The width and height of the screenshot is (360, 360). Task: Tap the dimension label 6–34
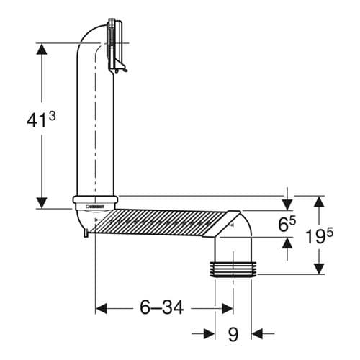[x=162, y=307]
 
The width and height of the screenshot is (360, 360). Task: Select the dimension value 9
[x=233, y=333]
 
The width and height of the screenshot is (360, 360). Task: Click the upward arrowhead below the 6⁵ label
[x=287, y=246]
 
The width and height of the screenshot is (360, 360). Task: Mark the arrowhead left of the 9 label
[x=209, y=333]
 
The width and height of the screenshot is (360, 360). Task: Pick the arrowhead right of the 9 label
[x=258, y=333]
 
